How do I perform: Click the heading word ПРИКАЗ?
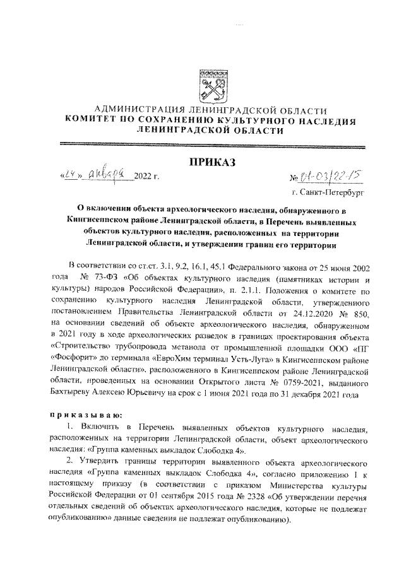coord(212,163)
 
